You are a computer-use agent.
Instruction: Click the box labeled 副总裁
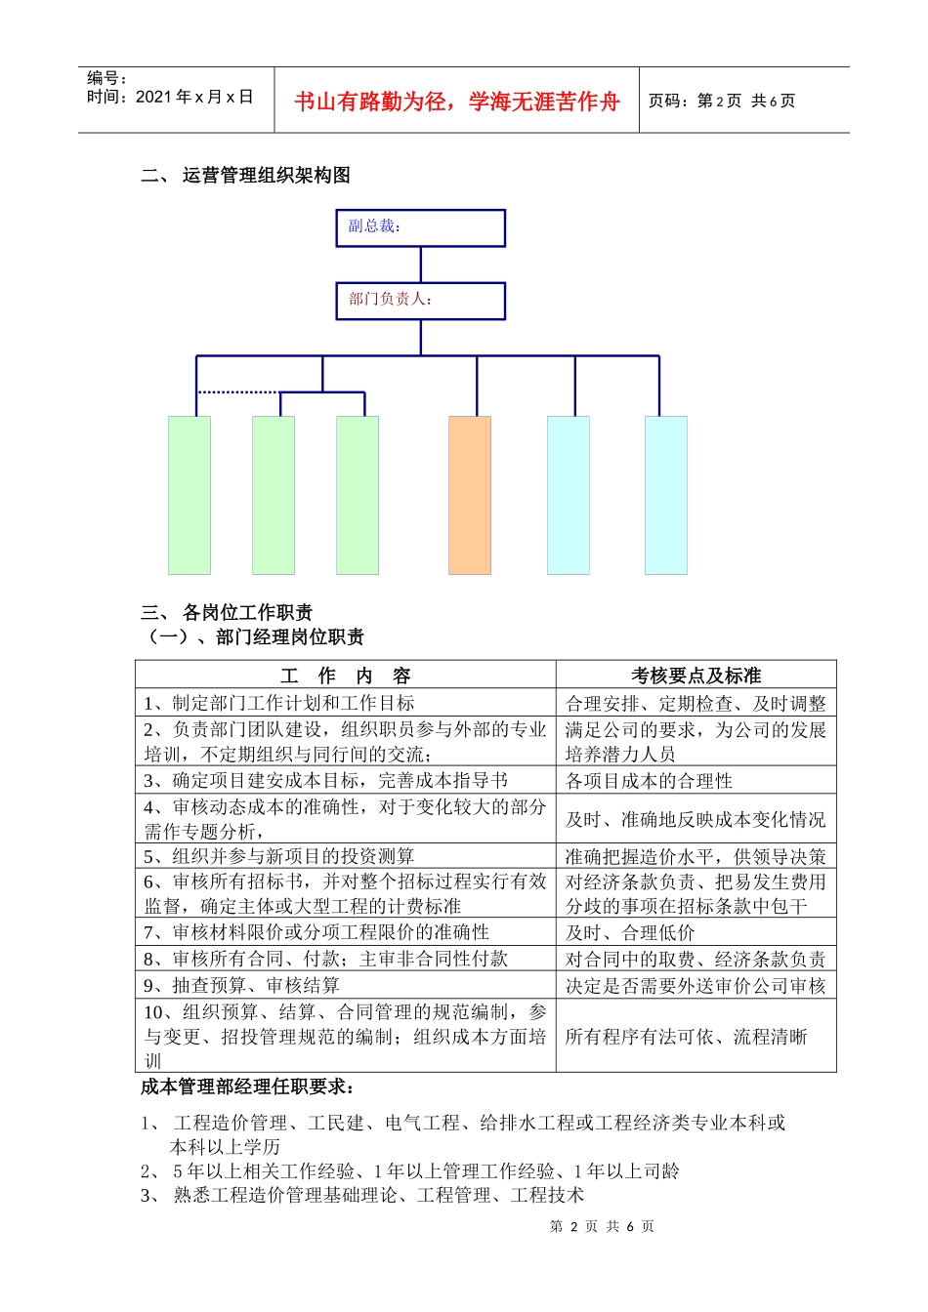pos(420,227)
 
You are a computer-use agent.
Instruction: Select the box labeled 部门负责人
pos(420,301)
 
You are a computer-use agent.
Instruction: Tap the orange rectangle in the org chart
pos(470,495)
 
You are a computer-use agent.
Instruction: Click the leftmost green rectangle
pos(190,495)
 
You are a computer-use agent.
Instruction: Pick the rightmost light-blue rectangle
pos(666,495)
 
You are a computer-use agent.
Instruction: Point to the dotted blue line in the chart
pos(238,392)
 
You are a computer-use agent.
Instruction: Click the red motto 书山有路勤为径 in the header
pos(457,102)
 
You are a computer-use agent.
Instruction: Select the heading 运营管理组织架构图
pos(266,176)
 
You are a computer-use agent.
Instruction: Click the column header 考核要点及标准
pos(696,676)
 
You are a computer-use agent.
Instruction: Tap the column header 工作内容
pos(346,676)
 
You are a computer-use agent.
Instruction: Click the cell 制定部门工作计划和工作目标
pos(279,703)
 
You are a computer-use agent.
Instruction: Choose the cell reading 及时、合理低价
pos(630,933)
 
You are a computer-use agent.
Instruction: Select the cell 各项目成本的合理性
pos(649,781)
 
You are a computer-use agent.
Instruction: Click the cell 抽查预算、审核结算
pos(242,985)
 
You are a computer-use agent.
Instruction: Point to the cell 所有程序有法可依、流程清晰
pos(686,1037)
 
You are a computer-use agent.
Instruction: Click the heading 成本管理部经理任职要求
pos(248,1087)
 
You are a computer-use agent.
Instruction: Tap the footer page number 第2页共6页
pos(602,1226)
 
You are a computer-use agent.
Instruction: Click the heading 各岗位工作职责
pos(247,613)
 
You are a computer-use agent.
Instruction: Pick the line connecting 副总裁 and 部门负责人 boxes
pos(421,265)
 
